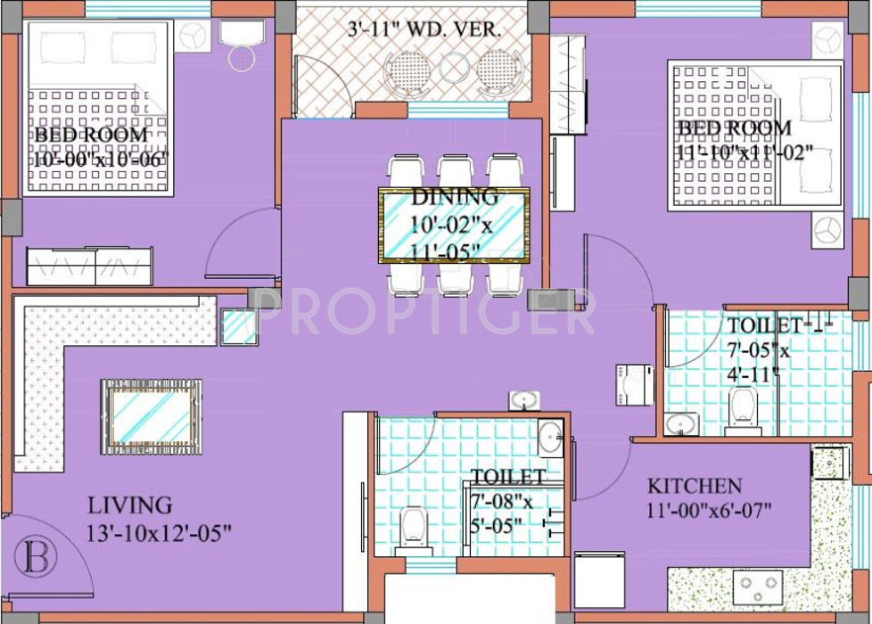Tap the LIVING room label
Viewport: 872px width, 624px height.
[129, 505]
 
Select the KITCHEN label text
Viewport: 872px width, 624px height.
[694, 486]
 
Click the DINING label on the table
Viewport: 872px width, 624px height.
[454, 197]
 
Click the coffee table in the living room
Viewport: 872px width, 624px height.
[151, 413]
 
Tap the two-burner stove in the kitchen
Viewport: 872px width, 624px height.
[757, 587]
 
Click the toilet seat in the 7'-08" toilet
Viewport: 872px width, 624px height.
[412, 527]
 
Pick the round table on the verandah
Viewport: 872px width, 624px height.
[452, 67]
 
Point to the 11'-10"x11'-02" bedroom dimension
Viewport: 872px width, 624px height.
[744, 152]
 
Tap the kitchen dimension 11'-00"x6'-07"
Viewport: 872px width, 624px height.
[709, 511]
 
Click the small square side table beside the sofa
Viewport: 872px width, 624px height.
[239, 326]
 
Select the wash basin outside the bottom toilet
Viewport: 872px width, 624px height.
[522, 399]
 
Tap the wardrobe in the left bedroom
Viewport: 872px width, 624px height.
[89, 266]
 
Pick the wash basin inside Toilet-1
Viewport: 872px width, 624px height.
[682, 423]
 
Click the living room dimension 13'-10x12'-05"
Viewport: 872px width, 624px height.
[160, 532]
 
